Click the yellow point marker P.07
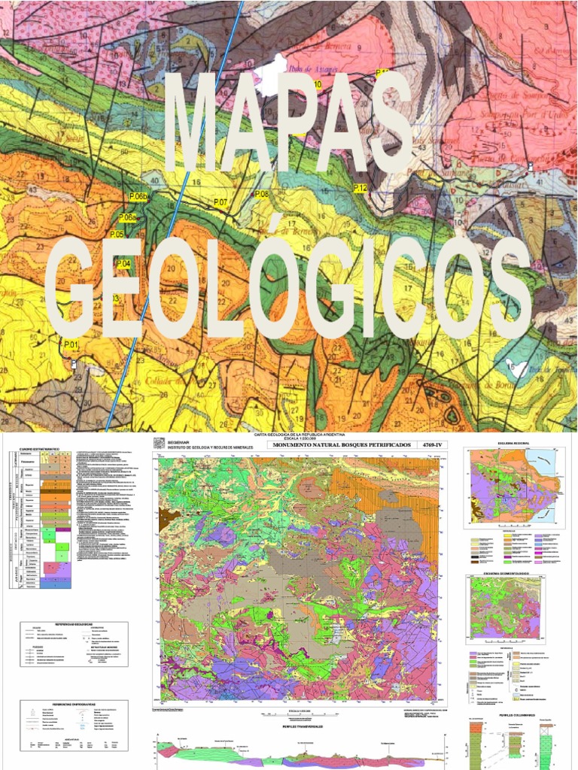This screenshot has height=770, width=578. (x=221, y=202)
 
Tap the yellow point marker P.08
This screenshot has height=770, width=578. (x=261, y=195)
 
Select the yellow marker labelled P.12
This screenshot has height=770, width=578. (x=360, y=188)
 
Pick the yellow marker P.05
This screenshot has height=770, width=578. (x=117, y=235)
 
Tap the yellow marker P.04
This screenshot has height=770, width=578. (x=123, y=263)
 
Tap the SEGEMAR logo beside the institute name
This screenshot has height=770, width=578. (x=159, y=444)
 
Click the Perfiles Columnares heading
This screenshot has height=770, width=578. (x=519, y=715)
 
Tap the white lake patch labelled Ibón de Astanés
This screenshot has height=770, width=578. (x=272, y=75)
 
